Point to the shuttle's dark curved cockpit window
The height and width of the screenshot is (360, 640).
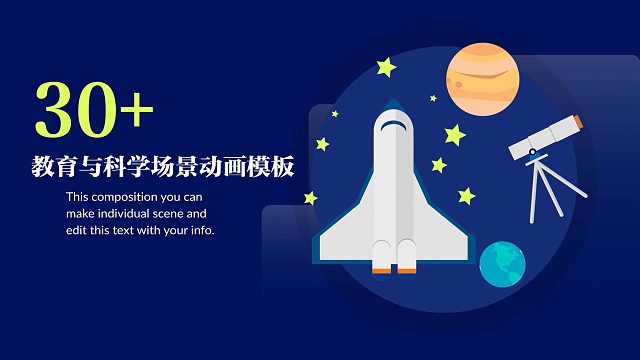click(395, 126)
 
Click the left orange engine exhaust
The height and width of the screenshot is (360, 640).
click(381, 268)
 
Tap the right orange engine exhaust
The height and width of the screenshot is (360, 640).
click(407, 268)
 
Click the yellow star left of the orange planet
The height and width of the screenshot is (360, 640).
click(385, 68)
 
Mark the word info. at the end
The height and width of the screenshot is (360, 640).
click(201, 229)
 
